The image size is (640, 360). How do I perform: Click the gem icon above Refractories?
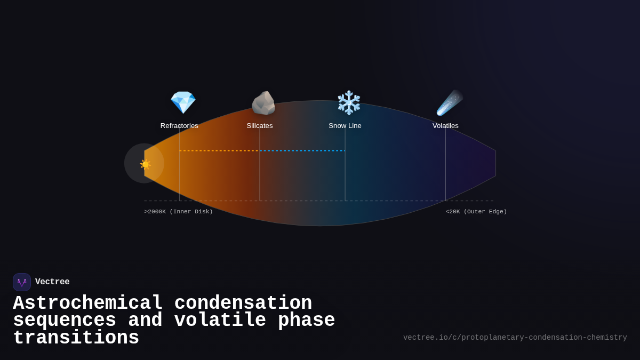tap(183, 102)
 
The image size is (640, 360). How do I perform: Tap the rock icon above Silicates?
tap(263, 103)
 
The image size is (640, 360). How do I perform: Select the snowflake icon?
tap(349, 102)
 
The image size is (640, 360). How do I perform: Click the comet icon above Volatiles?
tap(449, 102)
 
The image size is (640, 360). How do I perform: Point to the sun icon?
tap(145, 164)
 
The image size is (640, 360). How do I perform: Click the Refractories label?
tap(179, 126)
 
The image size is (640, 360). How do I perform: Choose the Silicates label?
tap(260, 126)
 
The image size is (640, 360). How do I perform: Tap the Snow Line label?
tap(345, 126)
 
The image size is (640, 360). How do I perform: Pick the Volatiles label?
tap(445, 126)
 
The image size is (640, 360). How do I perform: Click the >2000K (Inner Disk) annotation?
tap(178, 212)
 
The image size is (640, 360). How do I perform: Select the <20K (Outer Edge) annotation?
tap(476, 212)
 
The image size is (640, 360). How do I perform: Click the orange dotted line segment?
tap(219, 150)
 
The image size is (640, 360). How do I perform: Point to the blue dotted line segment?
tap(302, 150)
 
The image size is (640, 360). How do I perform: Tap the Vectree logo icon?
tap(22, 282)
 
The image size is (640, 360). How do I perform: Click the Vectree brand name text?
tap(52, 282)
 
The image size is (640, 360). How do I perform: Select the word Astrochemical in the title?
tap(88, 303)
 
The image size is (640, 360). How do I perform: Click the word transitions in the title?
tap(76, 338)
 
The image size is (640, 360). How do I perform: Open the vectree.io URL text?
tap(515, 338)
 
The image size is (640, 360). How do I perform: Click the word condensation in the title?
tap(243, 303)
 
